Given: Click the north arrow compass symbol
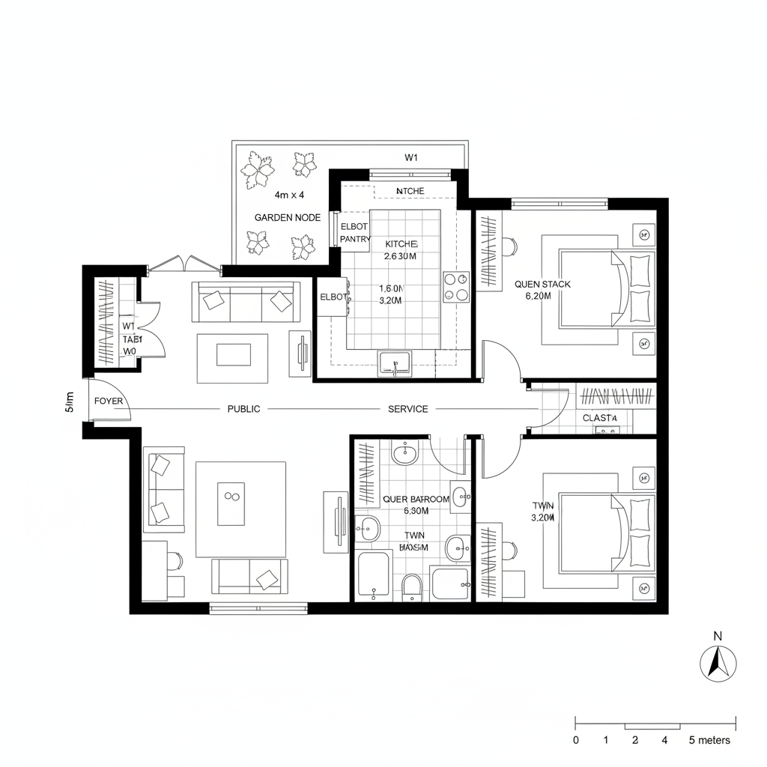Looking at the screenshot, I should tap(718, 663).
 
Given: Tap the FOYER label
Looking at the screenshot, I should tap(109, 401).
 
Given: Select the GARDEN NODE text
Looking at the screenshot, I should tap(288, 217).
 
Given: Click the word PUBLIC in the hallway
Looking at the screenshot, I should tap(244, 409).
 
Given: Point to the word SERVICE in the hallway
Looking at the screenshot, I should tap(408, 409).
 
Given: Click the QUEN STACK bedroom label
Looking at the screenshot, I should tap(542, 285).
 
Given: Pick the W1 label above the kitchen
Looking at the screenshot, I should tap(410, 157).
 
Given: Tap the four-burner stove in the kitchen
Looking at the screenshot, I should tap(455, 287).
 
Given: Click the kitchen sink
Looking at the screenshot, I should tap(394, 364).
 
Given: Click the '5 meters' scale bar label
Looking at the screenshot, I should tap(709, 740).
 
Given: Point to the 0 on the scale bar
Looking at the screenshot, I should tap(575, 740).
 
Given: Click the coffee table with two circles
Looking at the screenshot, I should tap(230, 497).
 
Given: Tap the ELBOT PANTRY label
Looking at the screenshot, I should tap(355, 232).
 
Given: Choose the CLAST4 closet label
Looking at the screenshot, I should tap(599, 418).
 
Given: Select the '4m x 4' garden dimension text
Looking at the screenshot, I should tap(289, 195).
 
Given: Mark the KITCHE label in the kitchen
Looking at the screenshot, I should tap(401, 244).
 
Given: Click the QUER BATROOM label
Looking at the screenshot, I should tap(416, 499).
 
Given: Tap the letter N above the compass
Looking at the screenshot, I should tap(718, 637).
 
